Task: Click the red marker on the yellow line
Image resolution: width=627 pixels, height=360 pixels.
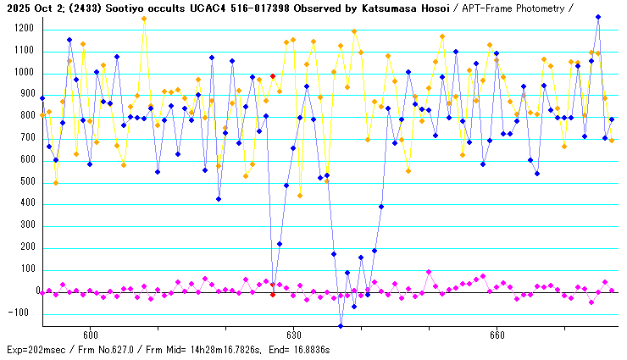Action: tap(273, 76)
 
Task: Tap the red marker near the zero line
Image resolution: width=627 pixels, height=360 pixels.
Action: tap(273, 295)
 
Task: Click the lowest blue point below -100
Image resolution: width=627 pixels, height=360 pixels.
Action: tap(341, 326)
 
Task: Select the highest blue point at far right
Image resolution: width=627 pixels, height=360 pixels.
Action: tap(598, 17)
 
